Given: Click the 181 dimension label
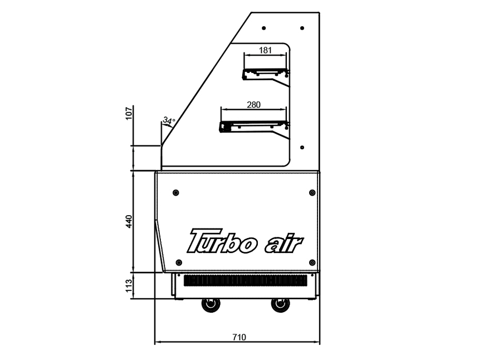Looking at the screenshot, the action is pos(265,50).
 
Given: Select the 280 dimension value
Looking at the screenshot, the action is pos(253,105).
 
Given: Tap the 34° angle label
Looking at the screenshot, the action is pos(169,120).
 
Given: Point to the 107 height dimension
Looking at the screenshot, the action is pos(129,113).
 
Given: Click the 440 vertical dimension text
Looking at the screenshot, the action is pos(129,221).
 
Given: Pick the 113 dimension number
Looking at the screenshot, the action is pos(129,285).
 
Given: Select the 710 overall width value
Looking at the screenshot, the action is pos(239,337).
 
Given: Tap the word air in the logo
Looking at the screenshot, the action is pos(284,245).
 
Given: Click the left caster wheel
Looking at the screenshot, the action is pos(211,305).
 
